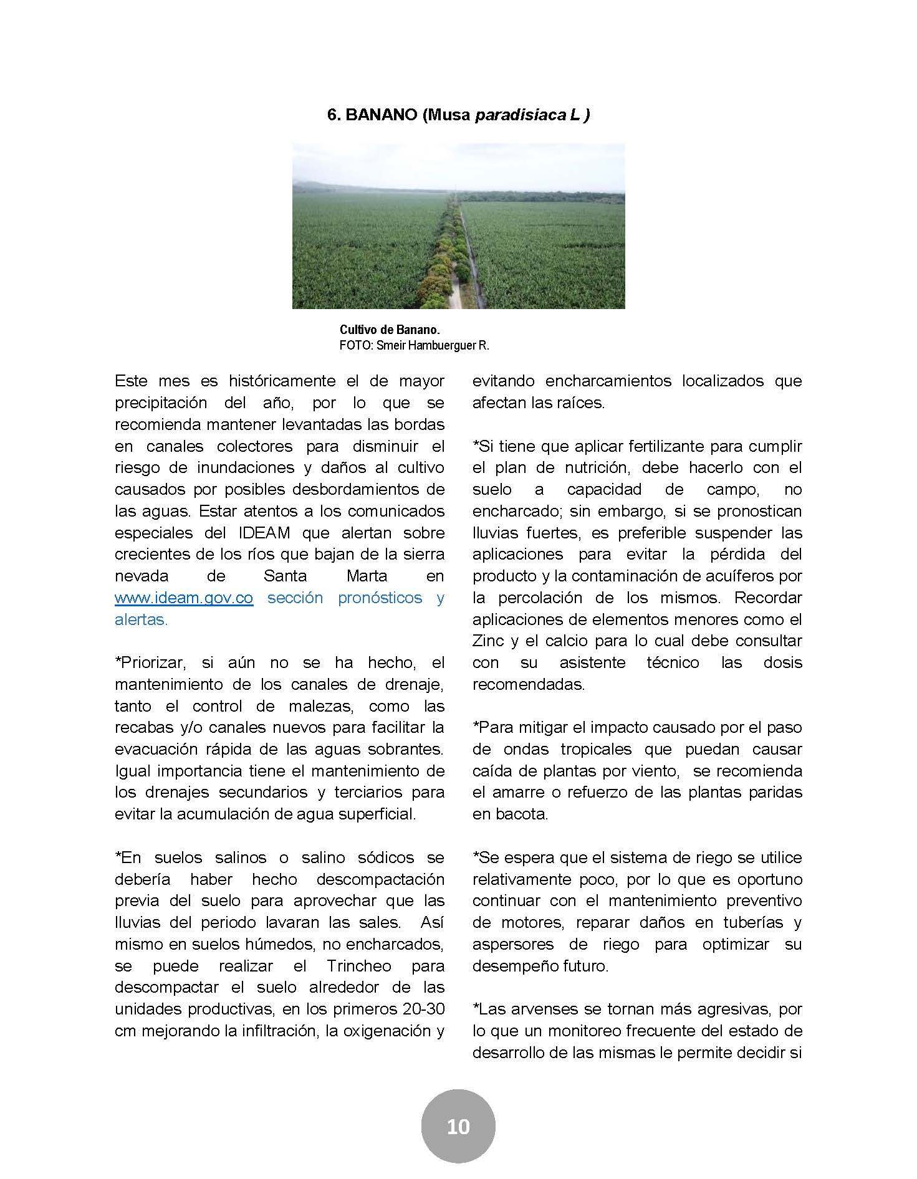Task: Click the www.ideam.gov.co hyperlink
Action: click(x=184, y=598)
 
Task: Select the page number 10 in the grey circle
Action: click(x=458, y=1127)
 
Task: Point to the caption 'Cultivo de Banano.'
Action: click(x=390, y=330)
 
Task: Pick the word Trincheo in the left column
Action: click(x=359, y=967)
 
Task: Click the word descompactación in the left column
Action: click(x=380, y=879)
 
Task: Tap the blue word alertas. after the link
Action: click(x=142, y=620)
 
